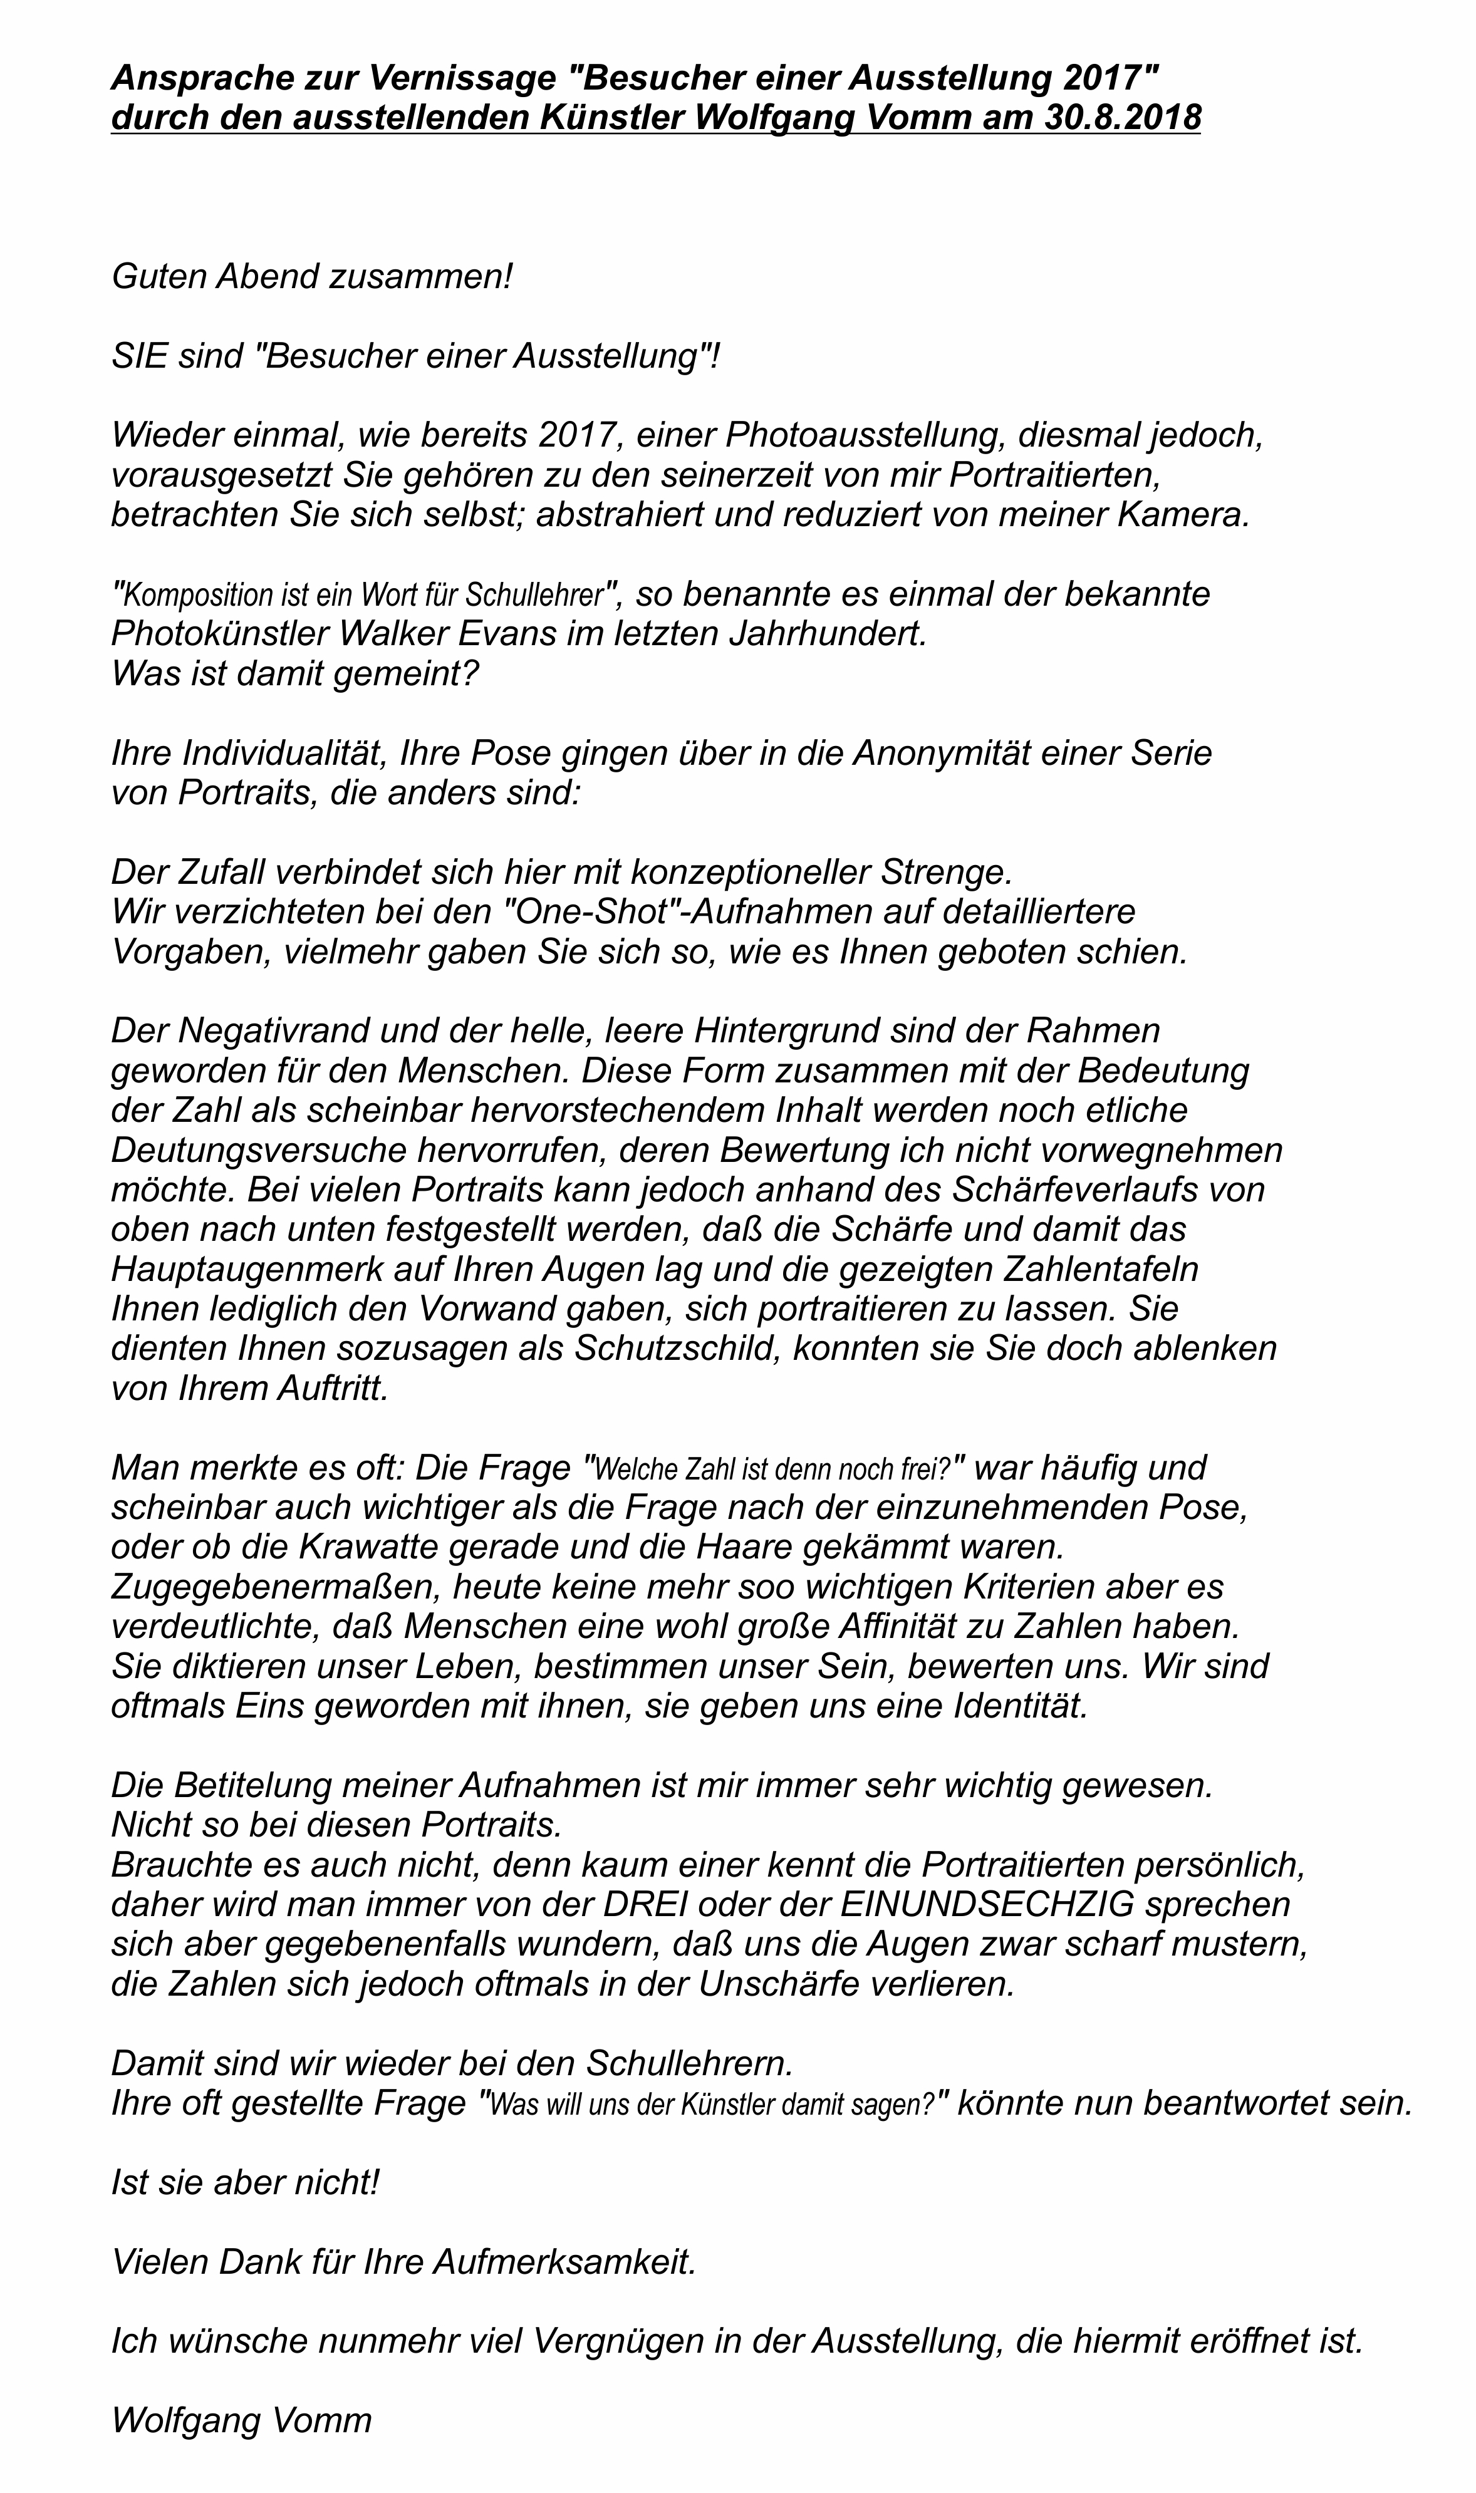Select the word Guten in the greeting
tap(159, 276)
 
